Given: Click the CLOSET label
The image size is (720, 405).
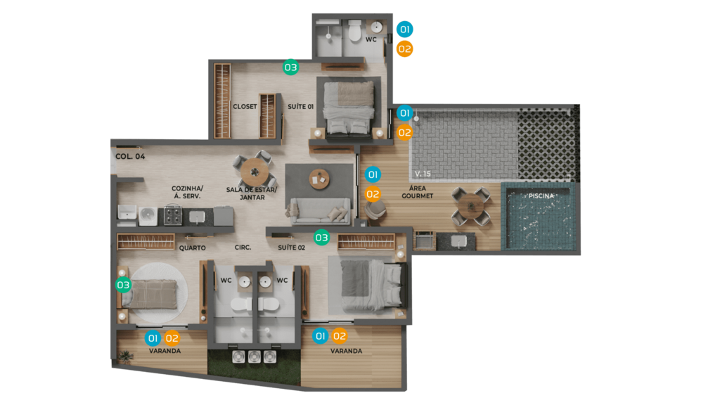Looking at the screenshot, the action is pyautogui.click(x=245, y=107).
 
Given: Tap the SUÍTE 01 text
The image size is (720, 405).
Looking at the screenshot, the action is pyautogui.click(x=301, y=107).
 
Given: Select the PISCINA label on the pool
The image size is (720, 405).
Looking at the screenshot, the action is pyautogui.click(x=541, y=195).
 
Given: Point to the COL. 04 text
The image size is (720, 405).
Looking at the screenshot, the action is pyautogui.click(x=130, y=157).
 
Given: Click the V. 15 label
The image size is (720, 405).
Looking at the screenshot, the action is pyautogui.click(x=423, y=174).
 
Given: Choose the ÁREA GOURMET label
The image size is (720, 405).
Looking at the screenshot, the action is pyautogui.click(x=418, y=192).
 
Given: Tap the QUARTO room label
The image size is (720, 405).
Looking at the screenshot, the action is pyautogui.click(x=193, y=248).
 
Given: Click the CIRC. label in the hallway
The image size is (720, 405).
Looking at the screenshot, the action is pyautogui.click(x=243, y=247).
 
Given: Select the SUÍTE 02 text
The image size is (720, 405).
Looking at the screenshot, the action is pyautogui.click(x=292, y=247).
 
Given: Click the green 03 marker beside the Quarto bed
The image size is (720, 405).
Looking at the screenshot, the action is pyautogui.click(x=123, y=285).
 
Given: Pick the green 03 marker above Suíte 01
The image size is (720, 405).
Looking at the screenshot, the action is pyautogui.click(x=290, y=67).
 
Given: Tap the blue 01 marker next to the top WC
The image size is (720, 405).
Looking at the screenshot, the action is pyautogui.click(x=404, y=30).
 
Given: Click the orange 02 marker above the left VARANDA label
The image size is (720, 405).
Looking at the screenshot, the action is pyautogui.click(x=172, y=338).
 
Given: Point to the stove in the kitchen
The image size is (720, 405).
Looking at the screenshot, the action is pyautogui.click(x=173, y=215).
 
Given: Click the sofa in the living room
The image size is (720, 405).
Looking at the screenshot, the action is pyautogui.click(x=319, y=211).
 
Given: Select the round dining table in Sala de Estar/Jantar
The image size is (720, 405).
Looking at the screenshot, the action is pyautogui.click(x=255, y=172).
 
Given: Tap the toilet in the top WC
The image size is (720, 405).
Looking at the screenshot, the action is pyautogui.click(x=354, y=31).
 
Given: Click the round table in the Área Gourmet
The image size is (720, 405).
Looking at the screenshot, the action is pyautogui.click(x=470, y=205).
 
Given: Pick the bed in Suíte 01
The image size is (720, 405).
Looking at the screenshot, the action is pyautogui.click(x=349, y=108).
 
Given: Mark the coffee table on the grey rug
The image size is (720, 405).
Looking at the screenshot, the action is pyautogui.click(x=319, y=179).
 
